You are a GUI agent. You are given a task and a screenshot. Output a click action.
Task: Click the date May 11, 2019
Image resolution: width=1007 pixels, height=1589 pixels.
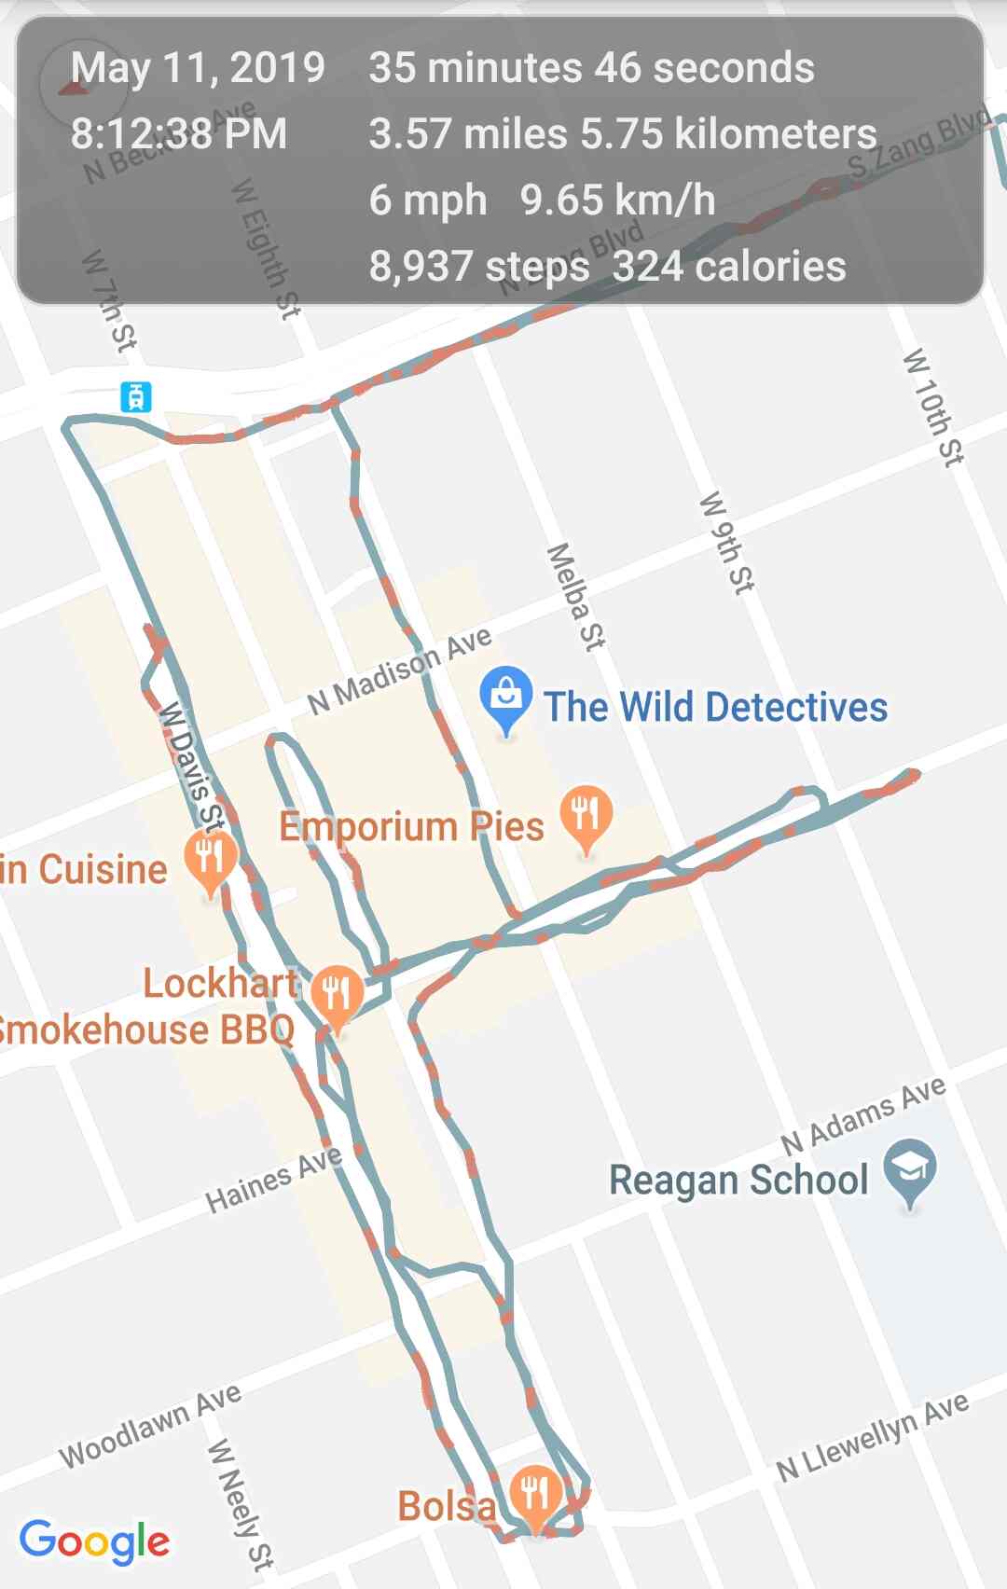click(x=198, y=68)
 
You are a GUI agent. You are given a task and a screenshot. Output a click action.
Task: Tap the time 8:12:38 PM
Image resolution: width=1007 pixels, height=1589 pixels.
click(x=179, y=133)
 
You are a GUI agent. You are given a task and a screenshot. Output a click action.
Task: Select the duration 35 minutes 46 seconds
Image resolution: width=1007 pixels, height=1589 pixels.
click(x=591, y=68)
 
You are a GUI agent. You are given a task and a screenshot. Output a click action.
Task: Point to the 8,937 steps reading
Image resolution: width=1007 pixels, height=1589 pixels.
click(x=479, y=266)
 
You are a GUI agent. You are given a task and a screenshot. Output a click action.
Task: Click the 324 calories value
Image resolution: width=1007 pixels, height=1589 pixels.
click(x=729, y=266)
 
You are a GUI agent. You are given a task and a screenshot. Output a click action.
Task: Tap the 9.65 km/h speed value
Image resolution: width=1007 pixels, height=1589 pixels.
click(x=617, y=200)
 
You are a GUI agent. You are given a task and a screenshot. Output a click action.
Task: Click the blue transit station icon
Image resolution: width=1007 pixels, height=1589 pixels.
click(x=136, y=396)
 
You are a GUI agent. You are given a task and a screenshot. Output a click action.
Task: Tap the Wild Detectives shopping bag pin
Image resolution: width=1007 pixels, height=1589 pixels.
click(x=505, y=698)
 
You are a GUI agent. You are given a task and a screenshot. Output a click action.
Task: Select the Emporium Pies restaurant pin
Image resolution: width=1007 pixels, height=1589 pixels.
click(x=586, y=815)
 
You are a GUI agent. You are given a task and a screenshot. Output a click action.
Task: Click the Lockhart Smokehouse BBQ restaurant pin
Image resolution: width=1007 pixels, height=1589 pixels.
click(x=337, y=994)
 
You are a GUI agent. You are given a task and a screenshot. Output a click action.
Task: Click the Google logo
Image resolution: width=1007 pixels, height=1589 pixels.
click(x=94, y=1541)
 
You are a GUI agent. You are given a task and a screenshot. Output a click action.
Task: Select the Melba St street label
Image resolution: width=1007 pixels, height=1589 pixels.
click(x=575, y=596)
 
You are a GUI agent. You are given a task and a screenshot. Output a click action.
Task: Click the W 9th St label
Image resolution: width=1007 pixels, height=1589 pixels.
click(x=727, y=543)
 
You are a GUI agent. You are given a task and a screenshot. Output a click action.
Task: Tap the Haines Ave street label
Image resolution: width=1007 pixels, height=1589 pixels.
click(x=273, y=1180)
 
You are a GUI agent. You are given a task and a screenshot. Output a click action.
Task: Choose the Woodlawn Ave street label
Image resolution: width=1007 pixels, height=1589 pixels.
click(x=150, y=1426)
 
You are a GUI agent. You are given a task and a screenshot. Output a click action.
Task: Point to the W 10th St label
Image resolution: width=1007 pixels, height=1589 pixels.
click(x=933, y=407)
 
